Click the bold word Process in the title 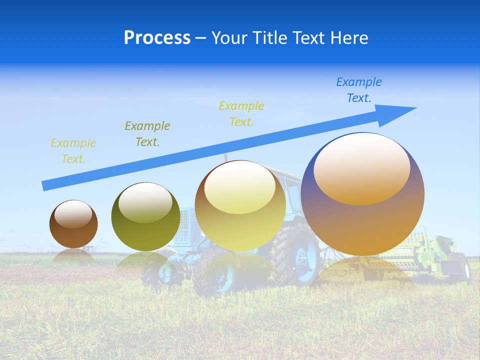[157, 38]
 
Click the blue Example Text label [359, 90]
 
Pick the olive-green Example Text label [147, 134]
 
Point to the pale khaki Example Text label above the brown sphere [73, 151]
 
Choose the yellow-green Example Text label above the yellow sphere [241, 114]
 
